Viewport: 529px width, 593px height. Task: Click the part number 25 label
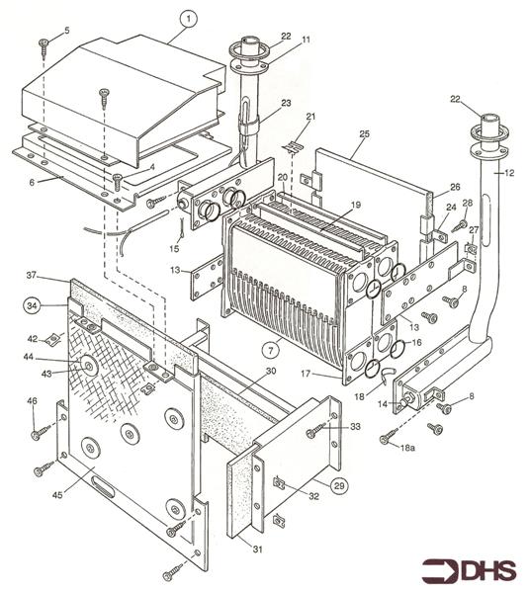[x=363, y=131]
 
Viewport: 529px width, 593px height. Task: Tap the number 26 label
[x=456, y=186]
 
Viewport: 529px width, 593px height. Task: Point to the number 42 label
[x=31, y=339]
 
